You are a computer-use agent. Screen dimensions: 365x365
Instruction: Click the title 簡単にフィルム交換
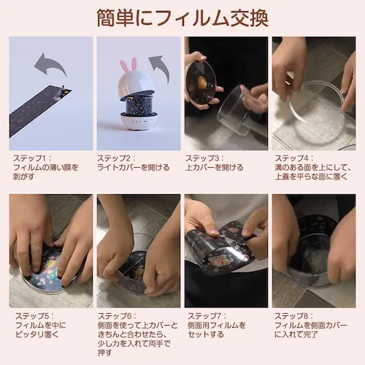[x=182, y=18]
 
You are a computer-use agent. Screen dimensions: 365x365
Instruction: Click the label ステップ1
[x=29, y=158]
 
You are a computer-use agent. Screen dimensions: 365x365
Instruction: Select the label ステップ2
[x=114, y=158]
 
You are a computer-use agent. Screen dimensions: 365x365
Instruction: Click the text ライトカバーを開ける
[x=134, y=167]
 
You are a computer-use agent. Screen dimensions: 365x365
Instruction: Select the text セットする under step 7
[x=206, y=334]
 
